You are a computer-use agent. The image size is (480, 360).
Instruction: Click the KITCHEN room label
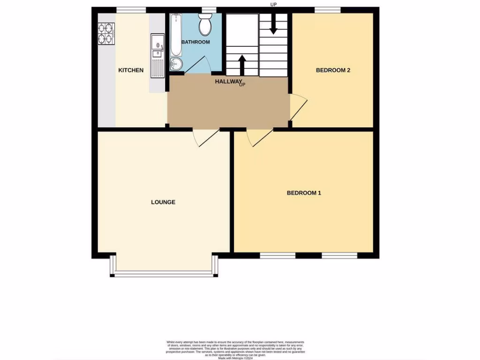point(131,70)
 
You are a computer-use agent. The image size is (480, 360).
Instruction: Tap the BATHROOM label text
point(195,42)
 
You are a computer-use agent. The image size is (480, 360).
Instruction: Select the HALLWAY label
point(228,82)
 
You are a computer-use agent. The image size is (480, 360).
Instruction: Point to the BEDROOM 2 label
point(333,70)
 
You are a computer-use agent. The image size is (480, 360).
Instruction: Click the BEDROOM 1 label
point(304,193)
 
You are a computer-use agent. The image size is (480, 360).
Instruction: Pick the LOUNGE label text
point(163,202)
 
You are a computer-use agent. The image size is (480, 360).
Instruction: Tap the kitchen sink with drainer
point(157,55)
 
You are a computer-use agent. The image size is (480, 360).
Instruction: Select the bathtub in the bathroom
point(175,35)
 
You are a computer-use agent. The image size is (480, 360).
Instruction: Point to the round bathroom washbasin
point(175,64)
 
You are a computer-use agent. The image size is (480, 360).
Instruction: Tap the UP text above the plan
point(274,5)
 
